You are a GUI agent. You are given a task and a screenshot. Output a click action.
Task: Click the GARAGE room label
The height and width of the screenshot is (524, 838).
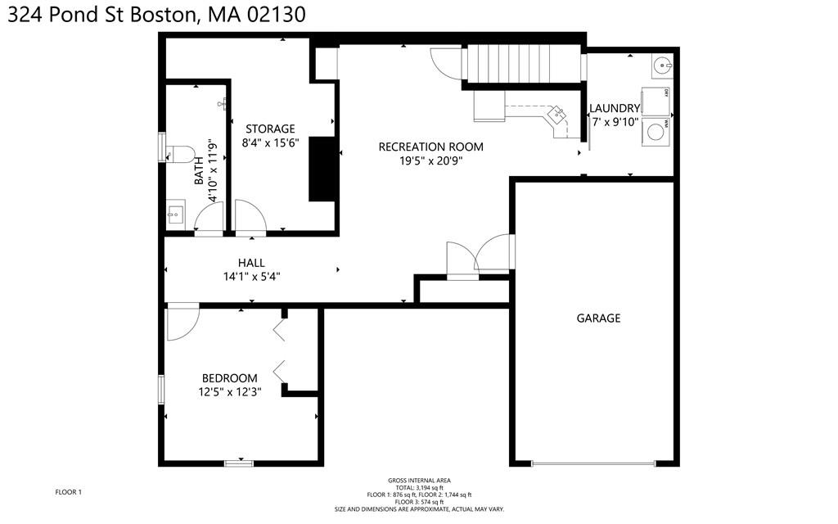(597, 318)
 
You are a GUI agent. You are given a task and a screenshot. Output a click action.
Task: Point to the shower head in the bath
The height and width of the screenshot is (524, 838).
(222, 104)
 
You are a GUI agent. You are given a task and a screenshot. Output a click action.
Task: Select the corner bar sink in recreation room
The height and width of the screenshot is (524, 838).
(559, 115)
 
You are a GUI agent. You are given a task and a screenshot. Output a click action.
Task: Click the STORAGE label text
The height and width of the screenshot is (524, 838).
(270, 129)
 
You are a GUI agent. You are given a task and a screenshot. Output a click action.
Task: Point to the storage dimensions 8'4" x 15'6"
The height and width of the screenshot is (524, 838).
(270, 142)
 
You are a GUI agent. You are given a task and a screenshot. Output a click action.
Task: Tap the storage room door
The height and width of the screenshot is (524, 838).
(250, 218)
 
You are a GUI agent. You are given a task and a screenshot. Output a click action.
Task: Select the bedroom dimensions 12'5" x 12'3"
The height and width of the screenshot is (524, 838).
(230, 392)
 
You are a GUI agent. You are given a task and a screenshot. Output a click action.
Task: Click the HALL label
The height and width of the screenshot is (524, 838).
(251, 263)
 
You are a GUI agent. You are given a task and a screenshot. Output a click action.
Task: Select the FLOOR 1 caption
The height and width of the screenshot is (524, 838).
(68, 492)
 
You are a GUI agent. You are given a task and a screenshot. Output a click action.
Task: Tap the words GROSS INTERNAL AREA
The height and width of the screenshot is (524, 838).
(419, 481)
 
